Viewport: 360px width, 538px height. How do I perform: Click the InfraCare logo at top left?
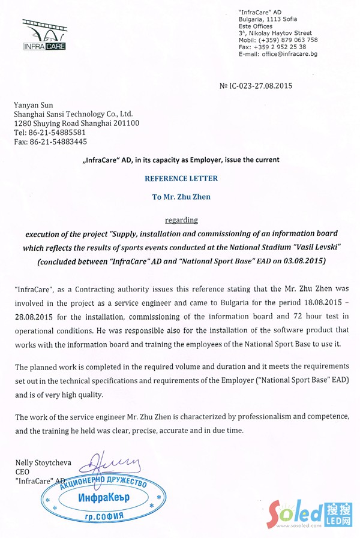[44, 34]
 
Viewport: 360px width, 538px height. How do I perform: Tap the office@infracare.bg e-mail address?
[289, 54]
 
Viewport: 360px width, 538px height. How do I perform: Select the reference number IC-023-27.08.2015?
[260, 86]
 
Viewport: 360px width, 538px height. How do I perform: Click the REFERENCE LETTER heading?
[181, 179]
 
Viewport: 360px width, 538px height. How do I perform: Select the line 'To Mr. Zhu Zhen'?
[181, 197]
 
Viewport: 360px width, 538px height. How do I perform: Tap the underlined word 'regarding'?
[181, 220]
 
